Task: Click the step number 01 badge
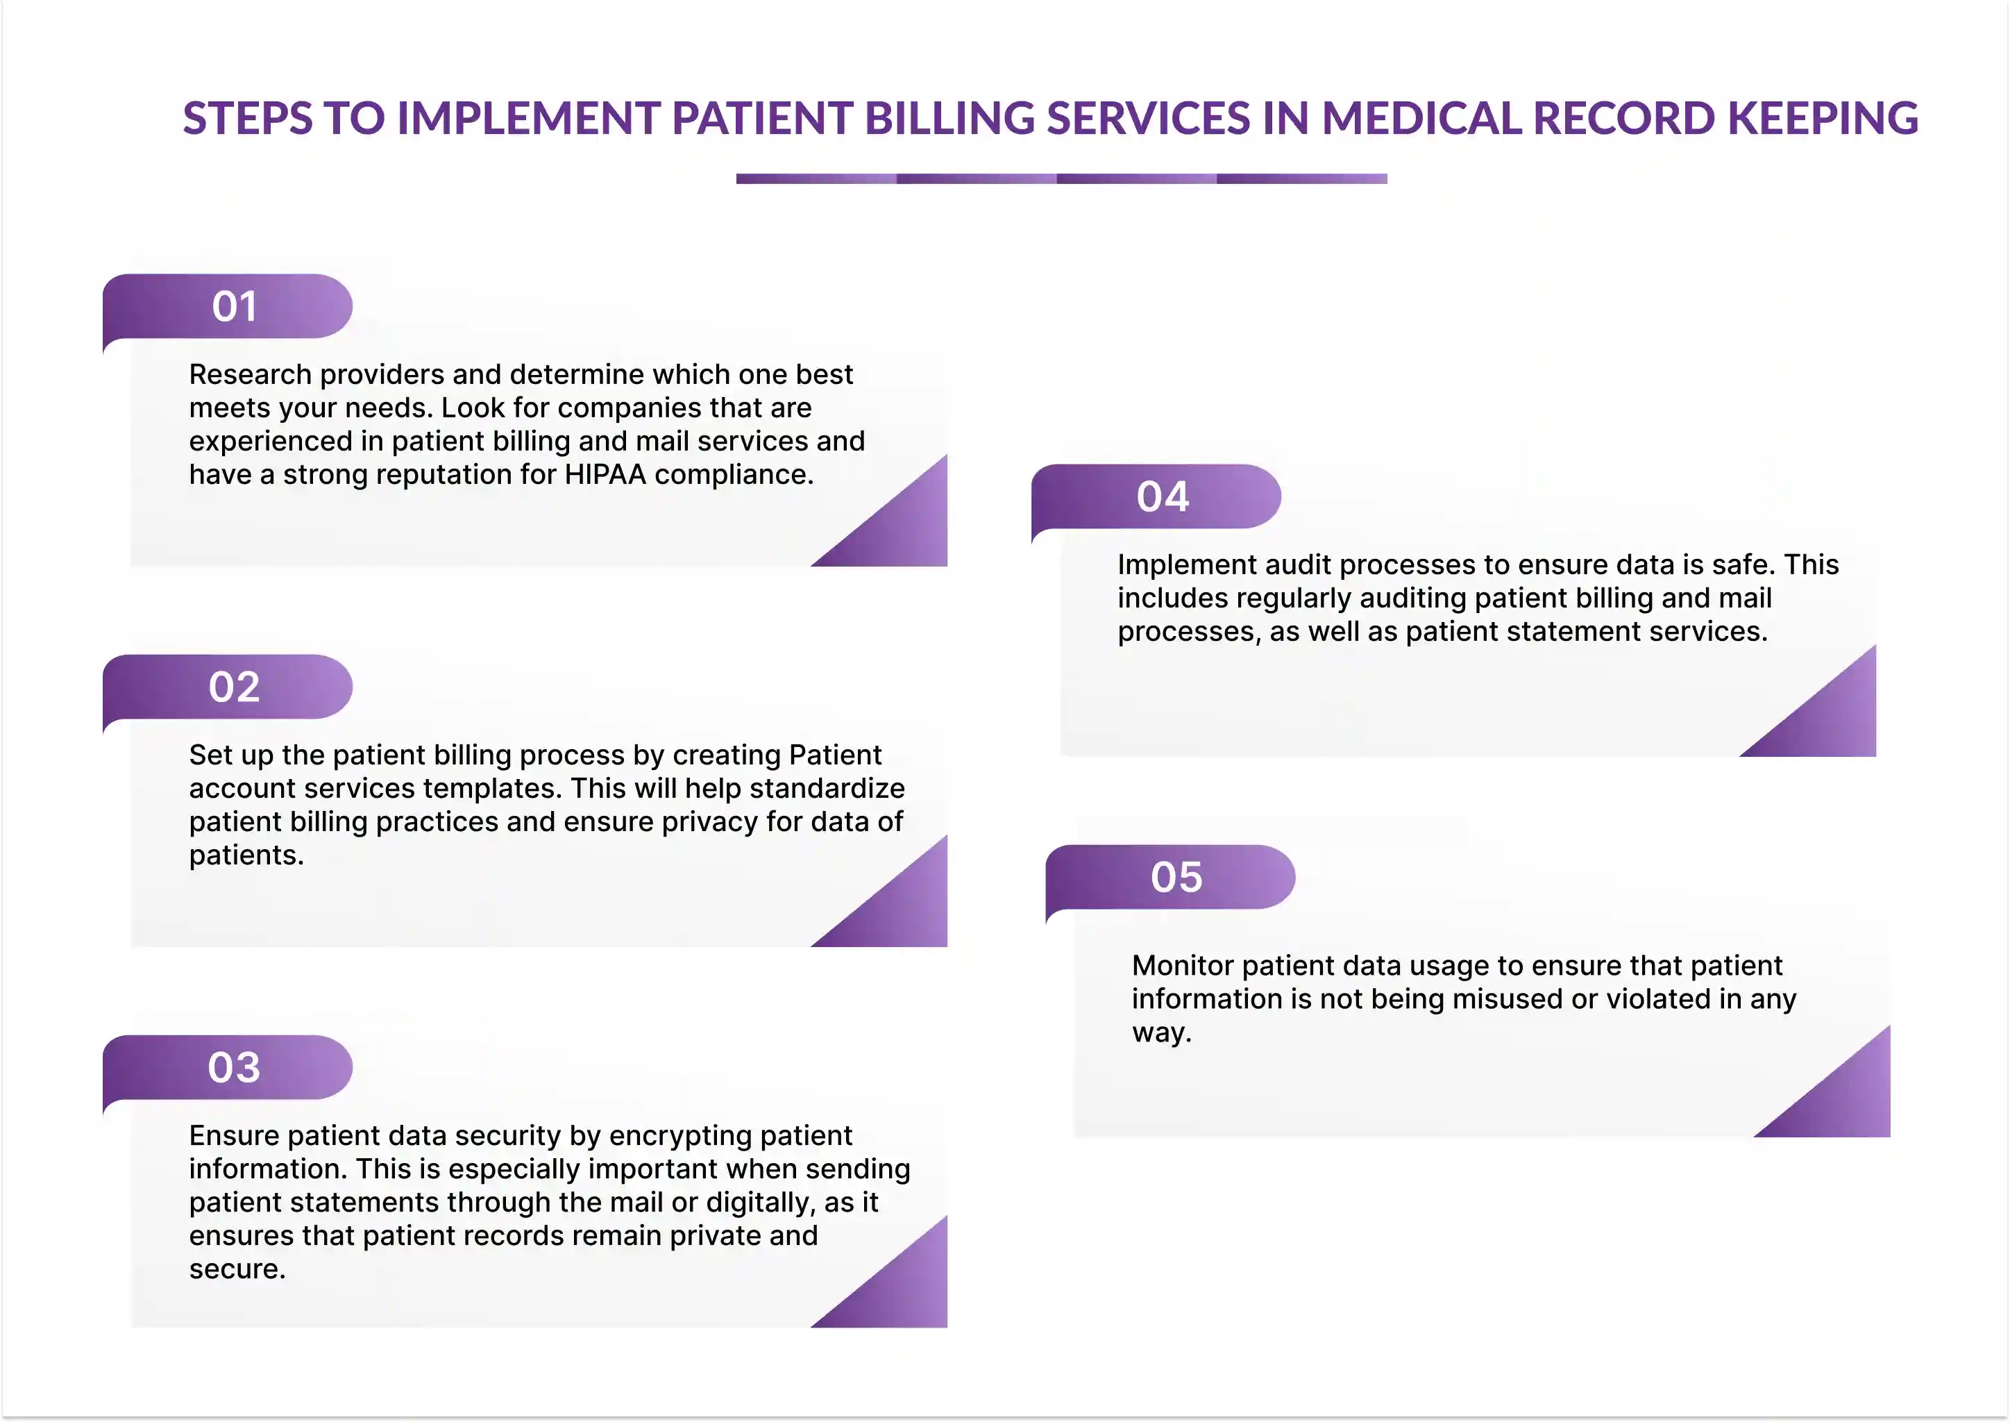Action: [228, 306]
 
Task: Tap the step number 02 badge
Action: [228, 687]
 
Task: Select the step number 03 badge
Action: [228, 1067]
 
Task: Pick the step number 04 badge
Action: [1156, 496]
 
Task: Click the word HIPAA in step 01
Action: [605, 475]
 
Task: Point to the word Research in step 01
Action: [251, 375]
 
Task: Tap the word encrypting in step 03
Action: [668, 1137]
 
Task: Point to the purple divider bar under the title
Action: [1061, 178]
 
